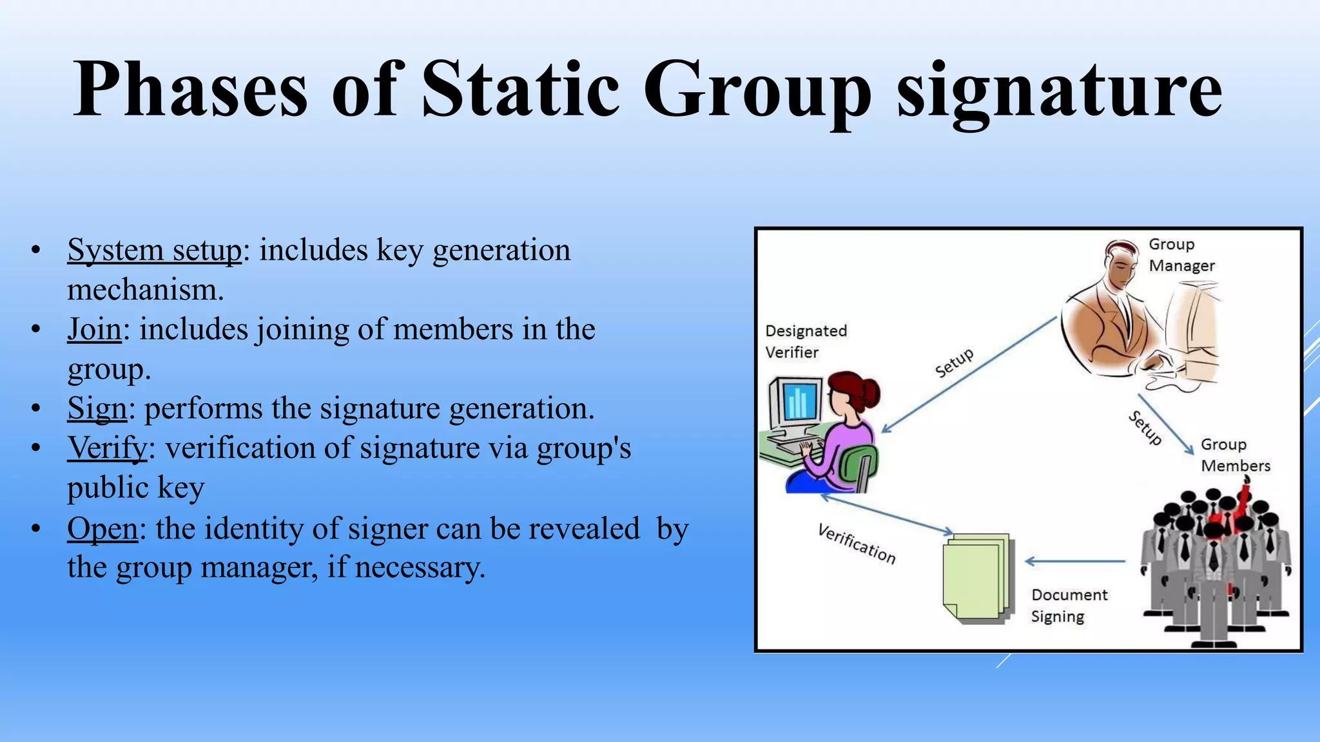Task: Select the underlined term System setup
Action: (x=155, y=251)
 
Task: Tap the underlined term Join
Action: (x=94, y=330)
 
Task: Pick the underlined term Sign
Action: (x=97, y=409)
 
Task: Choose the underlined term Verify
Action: (x=108, y=448)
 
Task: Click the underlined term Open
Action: (x=102, y=529)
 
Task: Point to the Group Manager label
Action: (x=1181, y=255)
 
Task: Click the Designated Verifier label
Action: (x=806, y=341)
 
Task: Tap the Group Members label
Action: (x=1234, y=455)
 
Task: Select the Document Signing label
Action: (x=1069, y=605)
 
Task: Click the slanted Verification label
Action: (x=857, y=544)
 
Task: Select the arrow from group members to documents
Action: (x=1075, y=562)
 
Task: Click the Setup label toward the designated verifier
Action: (x=954, y=363)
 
